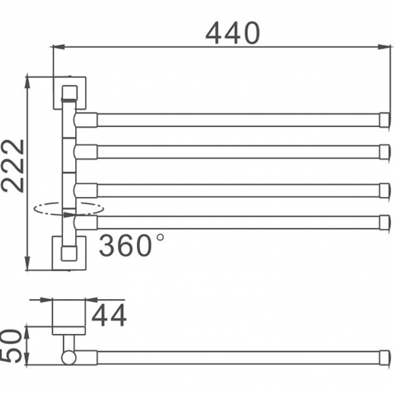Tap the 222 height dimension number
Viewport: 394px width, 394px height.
pyautogui.click(x=14, y=176)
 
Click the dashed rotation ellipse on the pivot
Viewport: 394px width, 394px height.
pyautogui.click(x=69, y=208)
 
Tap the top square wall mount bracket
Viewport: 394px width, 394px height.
pyautogui.click(x=69, y=93)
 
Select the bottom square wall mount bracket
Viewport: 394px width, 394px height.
pyautogui.click(x=69, y=251)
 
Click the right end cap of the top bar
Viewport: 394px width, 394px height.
pyautogui.click(x=384, y=119)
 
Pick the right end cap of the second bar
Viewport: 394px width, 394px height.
pyautogui.click(x=384, y=152)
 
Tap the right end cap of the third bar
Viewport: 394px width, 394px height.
pyautogui.click(x=384, y=189)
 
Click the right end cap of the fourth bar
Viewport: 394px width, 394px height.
pyautogui.click(x=384, y=222)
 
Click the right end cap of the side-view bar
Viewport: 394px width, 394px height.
pyautogui.click(x=384, y=357)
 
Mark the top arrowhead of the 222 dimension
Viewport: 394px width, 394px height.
pyautogui.click(x=28, y=79)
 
